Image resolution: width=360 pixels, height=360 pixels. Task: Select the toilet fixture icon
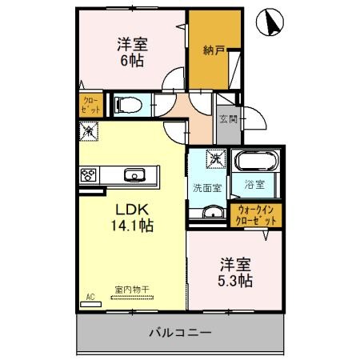coord(128,104)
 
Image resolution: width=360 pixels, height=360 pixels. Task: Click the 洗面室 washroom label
coord(206,188)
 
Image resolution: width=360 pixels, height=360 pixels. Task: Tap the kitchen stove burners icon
coord(88,174)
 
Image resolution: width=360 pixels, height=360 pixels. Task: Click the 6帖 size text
coord(132,60)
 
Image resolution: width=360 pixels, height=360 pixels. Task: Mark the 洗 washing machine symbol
coord(216,158)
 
